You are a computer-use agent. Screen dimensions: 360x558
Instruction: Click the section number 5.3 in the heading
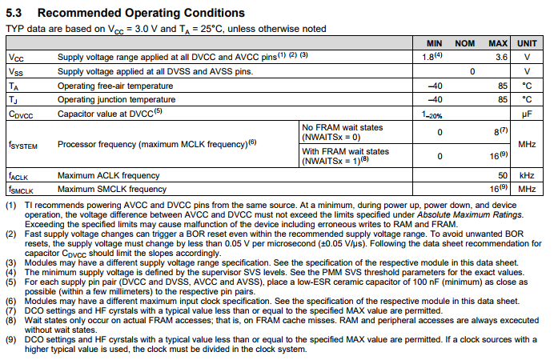(x=16, y=14)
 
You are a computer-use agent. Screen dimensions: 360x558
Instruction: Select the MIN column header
(x=434, y=42)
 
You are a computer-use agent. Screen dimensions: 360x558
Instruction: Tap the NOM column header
(x=465, y=42)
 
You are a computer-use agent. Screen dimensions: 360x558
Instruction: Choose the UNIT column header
(x=527, y=42)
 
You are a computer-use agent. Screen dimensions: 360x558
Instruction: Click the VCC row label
(x=16, y=58)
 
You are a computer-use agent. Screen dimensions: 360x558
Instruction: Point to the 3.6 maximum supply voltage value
(x=501, y=58)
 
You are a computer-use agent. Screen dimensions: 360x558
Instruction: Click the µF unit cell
(x=527, y=114)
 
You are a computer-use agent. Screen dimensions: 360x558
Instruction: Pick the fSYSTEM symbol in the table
(x=24, y=145)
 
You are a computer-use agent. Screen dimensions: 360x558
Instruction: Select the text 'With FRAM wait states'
(x=346, y=151)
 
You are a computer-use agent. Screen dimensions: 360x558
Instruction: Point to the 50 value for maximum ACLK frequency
(x=503, y=174)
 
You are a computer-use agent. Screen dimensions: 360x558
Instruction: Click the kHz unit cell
(x=527, y=174)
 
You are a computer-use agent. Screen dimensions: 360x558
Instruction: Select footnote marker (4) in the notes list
(x=11, y=270)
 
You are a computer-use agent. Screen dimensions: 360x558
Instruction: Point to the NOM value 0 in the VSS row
(x=472, y=72)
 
